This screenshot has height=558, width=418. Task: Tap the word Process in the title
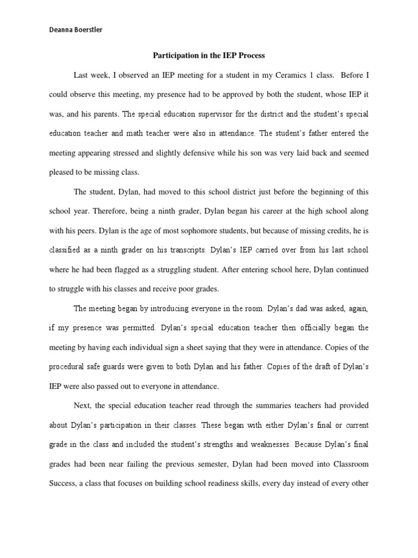coord(250,55)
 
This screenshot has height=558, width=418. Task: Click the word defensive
coord(212,153)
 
